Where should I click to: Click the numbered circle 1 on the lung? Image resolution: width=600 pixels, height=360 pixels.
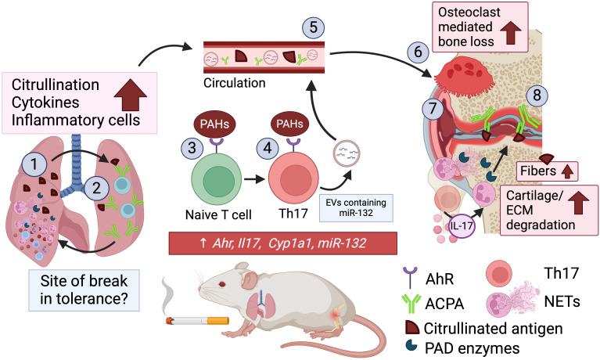pos(34,164)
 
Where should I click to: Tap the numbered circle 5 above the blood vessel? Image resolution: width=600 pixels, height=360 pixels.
pos(314,27)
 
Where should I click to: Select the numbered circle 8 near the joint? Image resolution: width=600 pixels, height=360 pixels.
pos(537,95)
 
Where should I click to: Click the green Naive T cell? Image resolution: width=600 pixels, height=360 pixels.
pos(217,180)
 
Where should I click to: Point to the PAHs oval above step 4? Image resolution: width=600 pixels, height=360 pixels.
pos(289,124)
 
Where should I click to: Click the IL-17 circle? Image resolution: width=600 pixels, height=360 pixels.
pos(462,225)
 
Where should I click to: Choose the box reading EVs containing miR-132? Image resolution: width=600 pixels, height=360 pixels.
pos(356,208)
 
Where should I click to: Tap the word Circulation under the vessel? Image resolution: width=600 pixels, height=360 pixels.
pos(234,83)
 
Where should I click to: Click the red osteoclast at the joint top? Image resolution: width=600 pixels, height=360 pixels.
pos(462,76)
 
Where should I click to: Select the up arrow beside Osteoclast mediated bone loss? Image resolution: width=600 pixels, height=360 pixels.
pos(511,33)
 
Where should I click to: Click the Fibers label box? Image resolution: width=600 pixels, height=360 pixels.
pos(547,171)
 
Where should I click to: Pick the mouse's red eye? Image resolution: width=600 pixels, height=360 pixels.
pos(222,284)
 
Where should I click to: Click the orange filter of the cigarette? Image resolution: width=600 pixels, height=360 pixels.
pos(217,320)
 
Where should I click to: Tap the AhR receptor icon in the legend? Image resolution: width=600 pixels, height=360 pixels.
pos(410,278)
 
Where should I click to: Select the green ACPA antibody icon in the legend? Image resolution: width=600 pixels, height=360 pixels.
pos(411,304)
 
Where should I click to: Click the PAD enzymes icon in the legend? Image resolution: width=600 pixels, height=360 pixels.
pos(411,344)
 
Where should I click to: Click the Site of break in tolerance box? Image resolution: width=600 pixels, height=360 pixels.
pos(84,290)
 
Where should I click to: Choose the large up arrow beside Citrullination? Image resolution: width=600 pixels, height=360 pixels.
pos(131,95)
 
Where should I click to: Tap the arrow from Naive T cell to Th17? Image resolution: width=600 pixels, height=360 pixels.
pos(254,179)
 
